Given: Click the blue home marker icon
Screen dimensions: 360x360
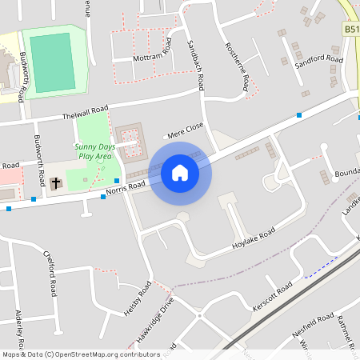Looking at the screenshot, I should click(x=180, y=173).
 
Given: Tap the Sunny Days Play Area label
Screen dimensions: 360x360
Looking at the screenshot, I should click(x=94, y=151).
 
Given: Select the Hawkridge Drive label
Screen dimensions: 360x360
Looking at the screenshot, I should click(x=154, y=321).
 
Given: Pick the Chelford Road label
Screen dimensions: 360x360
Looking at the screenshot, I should click(x=50, y=273).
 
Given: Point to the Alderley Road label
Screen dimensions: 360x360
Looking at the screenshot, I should click(x=20, y=328).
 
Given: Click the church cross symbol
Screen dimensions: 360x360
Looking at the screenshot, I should click(x=56, y=183).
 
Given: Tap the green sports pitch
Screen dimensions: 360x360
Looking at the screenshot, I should click(x=52, y=60).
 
